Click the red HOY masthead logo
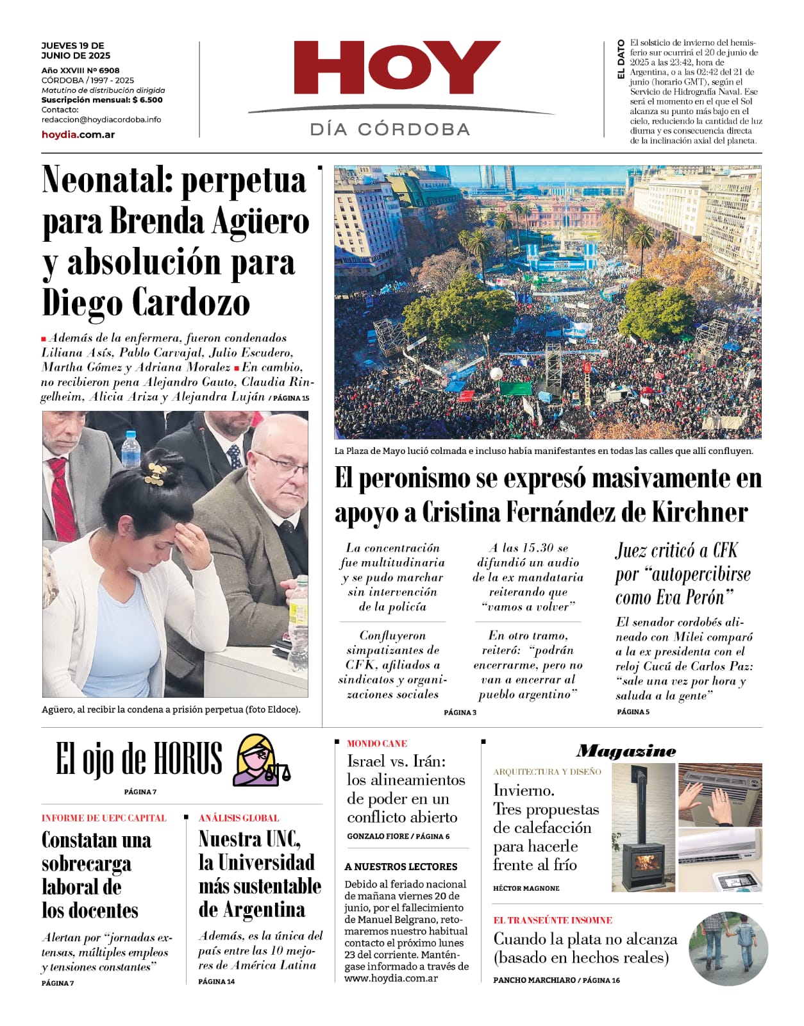pyautogui.click(x=396, y=68)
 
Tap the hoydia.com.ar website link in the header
pyautogui.click(x=78, y=135)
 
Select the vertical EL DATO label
pyautogui.click(x=621, y=60)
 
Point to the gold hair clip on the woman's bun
pyautogui.click(x=155, y=473)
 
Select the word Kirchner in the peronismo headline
pyautogui.click(x=699, y=512)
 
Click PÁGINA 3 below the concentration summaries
pyautogui.click(x=460, y=712)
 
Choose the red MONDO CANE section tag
pyautogui.click(x=376, y=744)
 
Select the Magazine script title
pyautogui.click(x=626, y=751)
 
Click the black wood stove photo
pyautogui.click(x=643, y=828)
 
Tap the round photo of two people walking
pyautogui.click(x=728, y=948)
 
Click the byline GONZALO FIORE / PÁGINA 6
pyautogui.click(x=398, y=836)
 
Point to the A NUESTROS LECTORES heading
pyautogui.click(x=401, y=867)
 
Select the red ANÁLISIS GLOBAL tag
pyautogui.click(x=239, y=818)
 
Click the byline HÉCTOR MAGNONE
pyautogui.click(x=526, y=888)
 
